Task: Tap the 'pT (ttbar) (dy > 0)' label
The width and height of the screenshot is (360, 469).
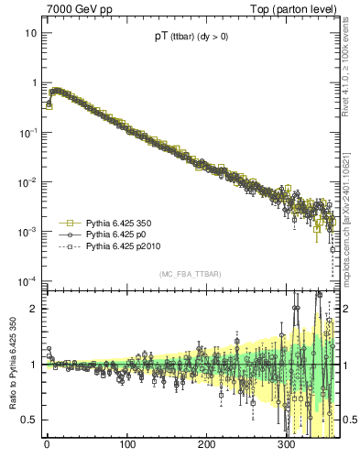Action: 191,38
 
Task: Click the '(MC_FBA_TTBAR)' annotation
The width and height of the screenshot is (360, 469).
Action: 190,275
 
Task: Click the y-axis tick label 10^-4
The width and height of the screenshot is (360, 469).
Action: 27,280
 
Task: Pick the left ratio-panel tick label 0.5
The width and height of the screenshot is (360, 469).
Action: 30,420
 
